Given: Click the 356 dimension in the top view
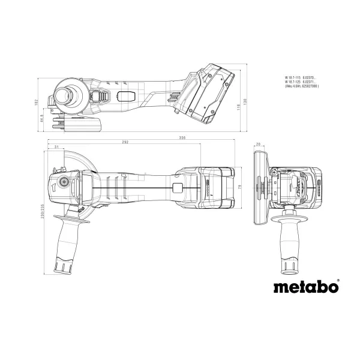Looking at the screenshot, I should pyautogui.click(x=164, y=139).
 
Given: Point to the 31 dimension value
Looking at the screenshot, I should pyautogui.click(x=56, y=147).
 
